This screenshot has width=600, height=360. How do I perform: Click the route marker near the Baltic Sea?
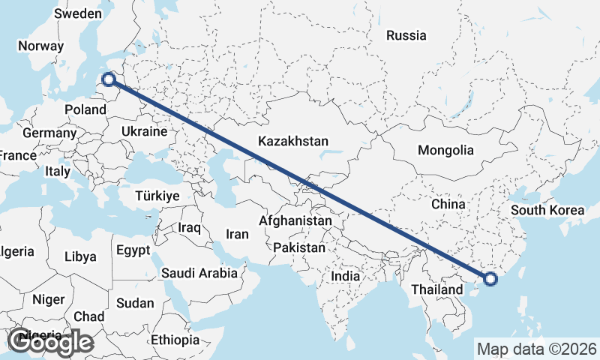pos(109,79)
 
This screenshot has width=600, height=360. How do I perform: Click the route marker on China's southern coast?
pos(490,279)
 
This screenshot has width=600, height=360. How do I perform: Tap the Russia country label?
pos(406,35)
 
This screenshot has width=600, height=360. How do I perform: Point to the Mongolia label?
pos(445,150)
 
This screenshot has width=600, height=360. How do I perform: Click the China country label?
pos(448,204)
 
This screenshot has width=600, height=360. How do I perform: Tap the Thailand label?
pos(437,289)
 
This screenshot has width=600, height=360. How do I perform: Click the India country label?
pos(345,276)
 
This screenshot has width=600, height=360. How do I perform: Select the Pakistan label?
pos(299,247)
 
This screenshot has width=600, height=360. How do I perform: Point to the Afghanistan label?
pos(295,221)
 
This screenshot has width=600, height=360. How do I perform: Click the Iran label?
pos(237,234)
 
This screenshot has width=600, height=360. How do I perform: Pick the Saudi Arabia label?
pos(199,274)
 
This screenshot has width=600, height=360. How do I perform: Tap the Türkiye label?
pos(157,196)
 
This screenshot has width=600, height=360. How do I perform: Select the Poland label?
pos(85,109)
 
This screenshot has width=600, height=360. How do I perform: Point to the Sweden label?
pos(78,13)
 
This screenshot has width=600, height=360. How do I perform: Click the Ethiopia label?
pos(175,340)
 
